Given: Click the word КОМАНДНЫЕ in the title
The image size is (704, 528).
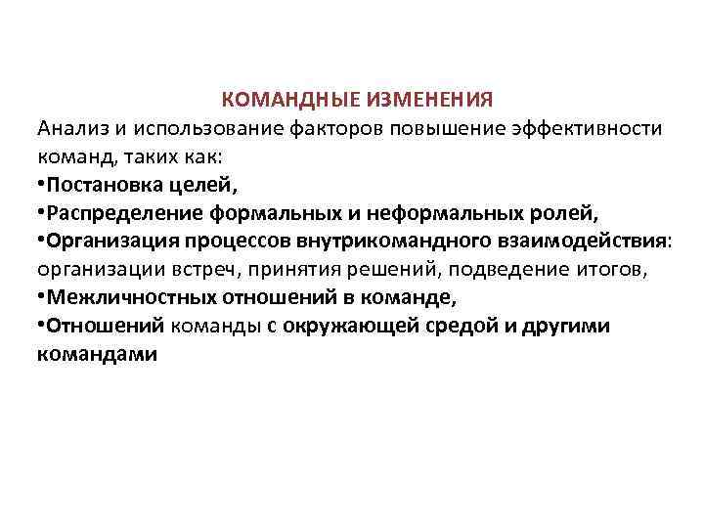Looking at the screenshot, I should (x=289, y=100).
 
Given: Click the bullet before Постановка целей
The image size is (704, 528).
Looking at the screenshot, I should (x=41, y=184).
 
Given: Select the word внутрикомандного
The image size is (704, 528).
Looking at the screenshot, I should (x=372, y=241).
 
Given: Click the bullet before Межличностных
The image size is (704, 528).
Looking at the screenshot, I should (x=41, y=297).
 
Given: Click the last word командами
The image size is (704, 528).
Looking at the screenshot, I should (x=97, y=354).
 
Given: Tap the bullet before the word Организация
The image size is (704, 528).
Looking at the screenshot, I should (x=41, y=241).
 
